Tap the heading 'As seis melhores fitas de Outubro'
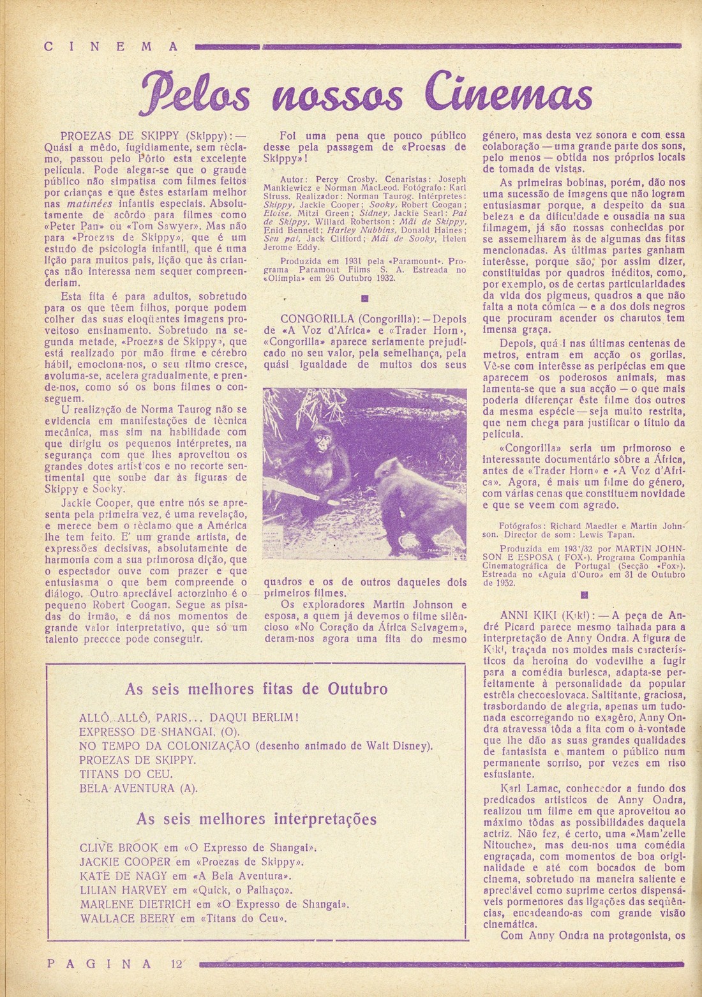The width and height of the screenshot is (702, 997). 257,689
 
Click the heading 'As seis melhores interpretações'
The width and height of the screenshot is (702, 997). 257,818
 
